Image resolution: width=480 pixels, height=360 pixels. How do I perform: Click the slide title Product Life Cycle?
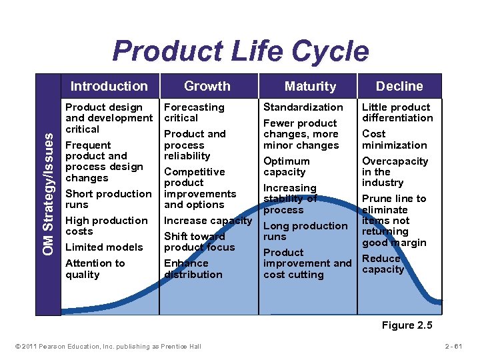(240, 51)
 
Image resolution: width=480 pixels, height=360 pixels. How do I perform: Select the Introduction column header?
(109, 86)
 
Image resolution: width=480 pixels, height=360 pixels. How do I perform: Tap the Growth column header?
(207, 86)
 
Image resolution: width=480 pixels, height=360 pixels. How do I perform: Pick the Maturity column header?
(310, 86)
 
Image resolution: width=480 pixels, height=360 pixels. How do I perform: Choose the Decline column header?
(399, 86)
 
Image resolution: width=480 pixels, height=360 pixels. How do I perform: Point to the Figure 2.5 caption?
(407, 325)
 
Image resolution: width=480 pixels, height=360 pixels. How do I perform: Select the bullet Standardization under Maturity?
(303, 107)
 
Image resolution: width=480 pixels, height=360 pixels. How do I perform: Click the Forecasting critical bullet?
(194, 113)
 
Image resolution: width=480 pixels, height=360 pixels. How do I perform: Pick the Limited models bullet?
(104, 247)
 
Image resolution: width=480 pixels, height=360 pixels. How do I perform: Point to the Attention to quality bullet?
(95, 269)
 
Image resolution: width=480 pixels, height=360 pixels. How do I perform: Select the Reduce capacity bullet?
(383, 264)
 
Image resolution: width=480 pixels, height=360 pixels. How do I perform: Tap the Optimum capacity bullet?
(287, 167)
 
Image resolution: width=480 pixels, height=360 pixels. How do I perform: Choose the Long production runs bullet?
(305, 231)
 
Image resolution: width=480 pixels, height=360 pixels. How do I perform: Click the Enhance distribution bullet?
(193, 269)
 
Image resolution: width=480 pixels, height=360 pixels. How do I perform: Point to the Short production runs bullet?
(108, 199)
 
